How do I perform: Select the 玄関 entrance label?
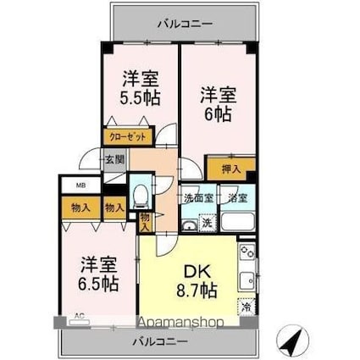[114, 158]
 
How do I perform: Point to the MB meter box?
[69, 186]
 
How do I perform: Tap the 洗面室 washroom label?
[197, 198]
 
